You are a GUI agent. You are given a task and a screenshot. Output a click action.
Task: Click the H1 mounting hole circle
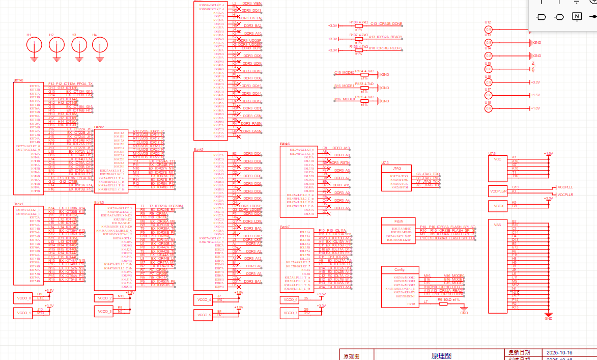click(x=34, y=45)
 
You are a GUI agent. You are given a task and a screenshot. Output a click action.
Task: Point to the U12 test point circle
click(x=489, y=30)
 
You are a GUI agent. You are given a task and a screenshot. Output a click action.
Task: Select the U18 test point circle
click(x=489, y=108)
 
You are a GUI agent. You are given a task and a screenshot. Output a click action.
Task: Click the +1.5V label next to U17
click(x=535, y=95)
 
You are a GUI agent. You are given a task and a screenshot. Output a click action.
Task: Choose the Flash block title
click(x=399, y=221)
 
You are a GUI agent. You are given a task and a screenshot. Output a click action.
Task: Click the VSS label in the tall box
click(x=498, y=224)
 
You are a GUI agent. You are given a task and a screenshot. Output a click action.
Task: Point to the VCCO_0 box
click(x=24, y=298)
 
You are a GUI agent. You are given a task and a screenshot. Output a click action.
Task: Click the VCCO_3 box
click(x=103, y=311)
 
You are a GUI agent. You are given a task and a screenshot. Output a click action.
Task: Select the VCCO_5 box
click(x=203, y=315)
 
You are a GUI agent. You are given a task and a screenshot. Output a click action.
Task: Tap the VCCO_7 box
click(x=289, y=313)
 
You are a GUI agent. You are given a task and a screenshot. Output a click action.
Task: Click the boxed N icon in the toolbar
click(x=577, y=16)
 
